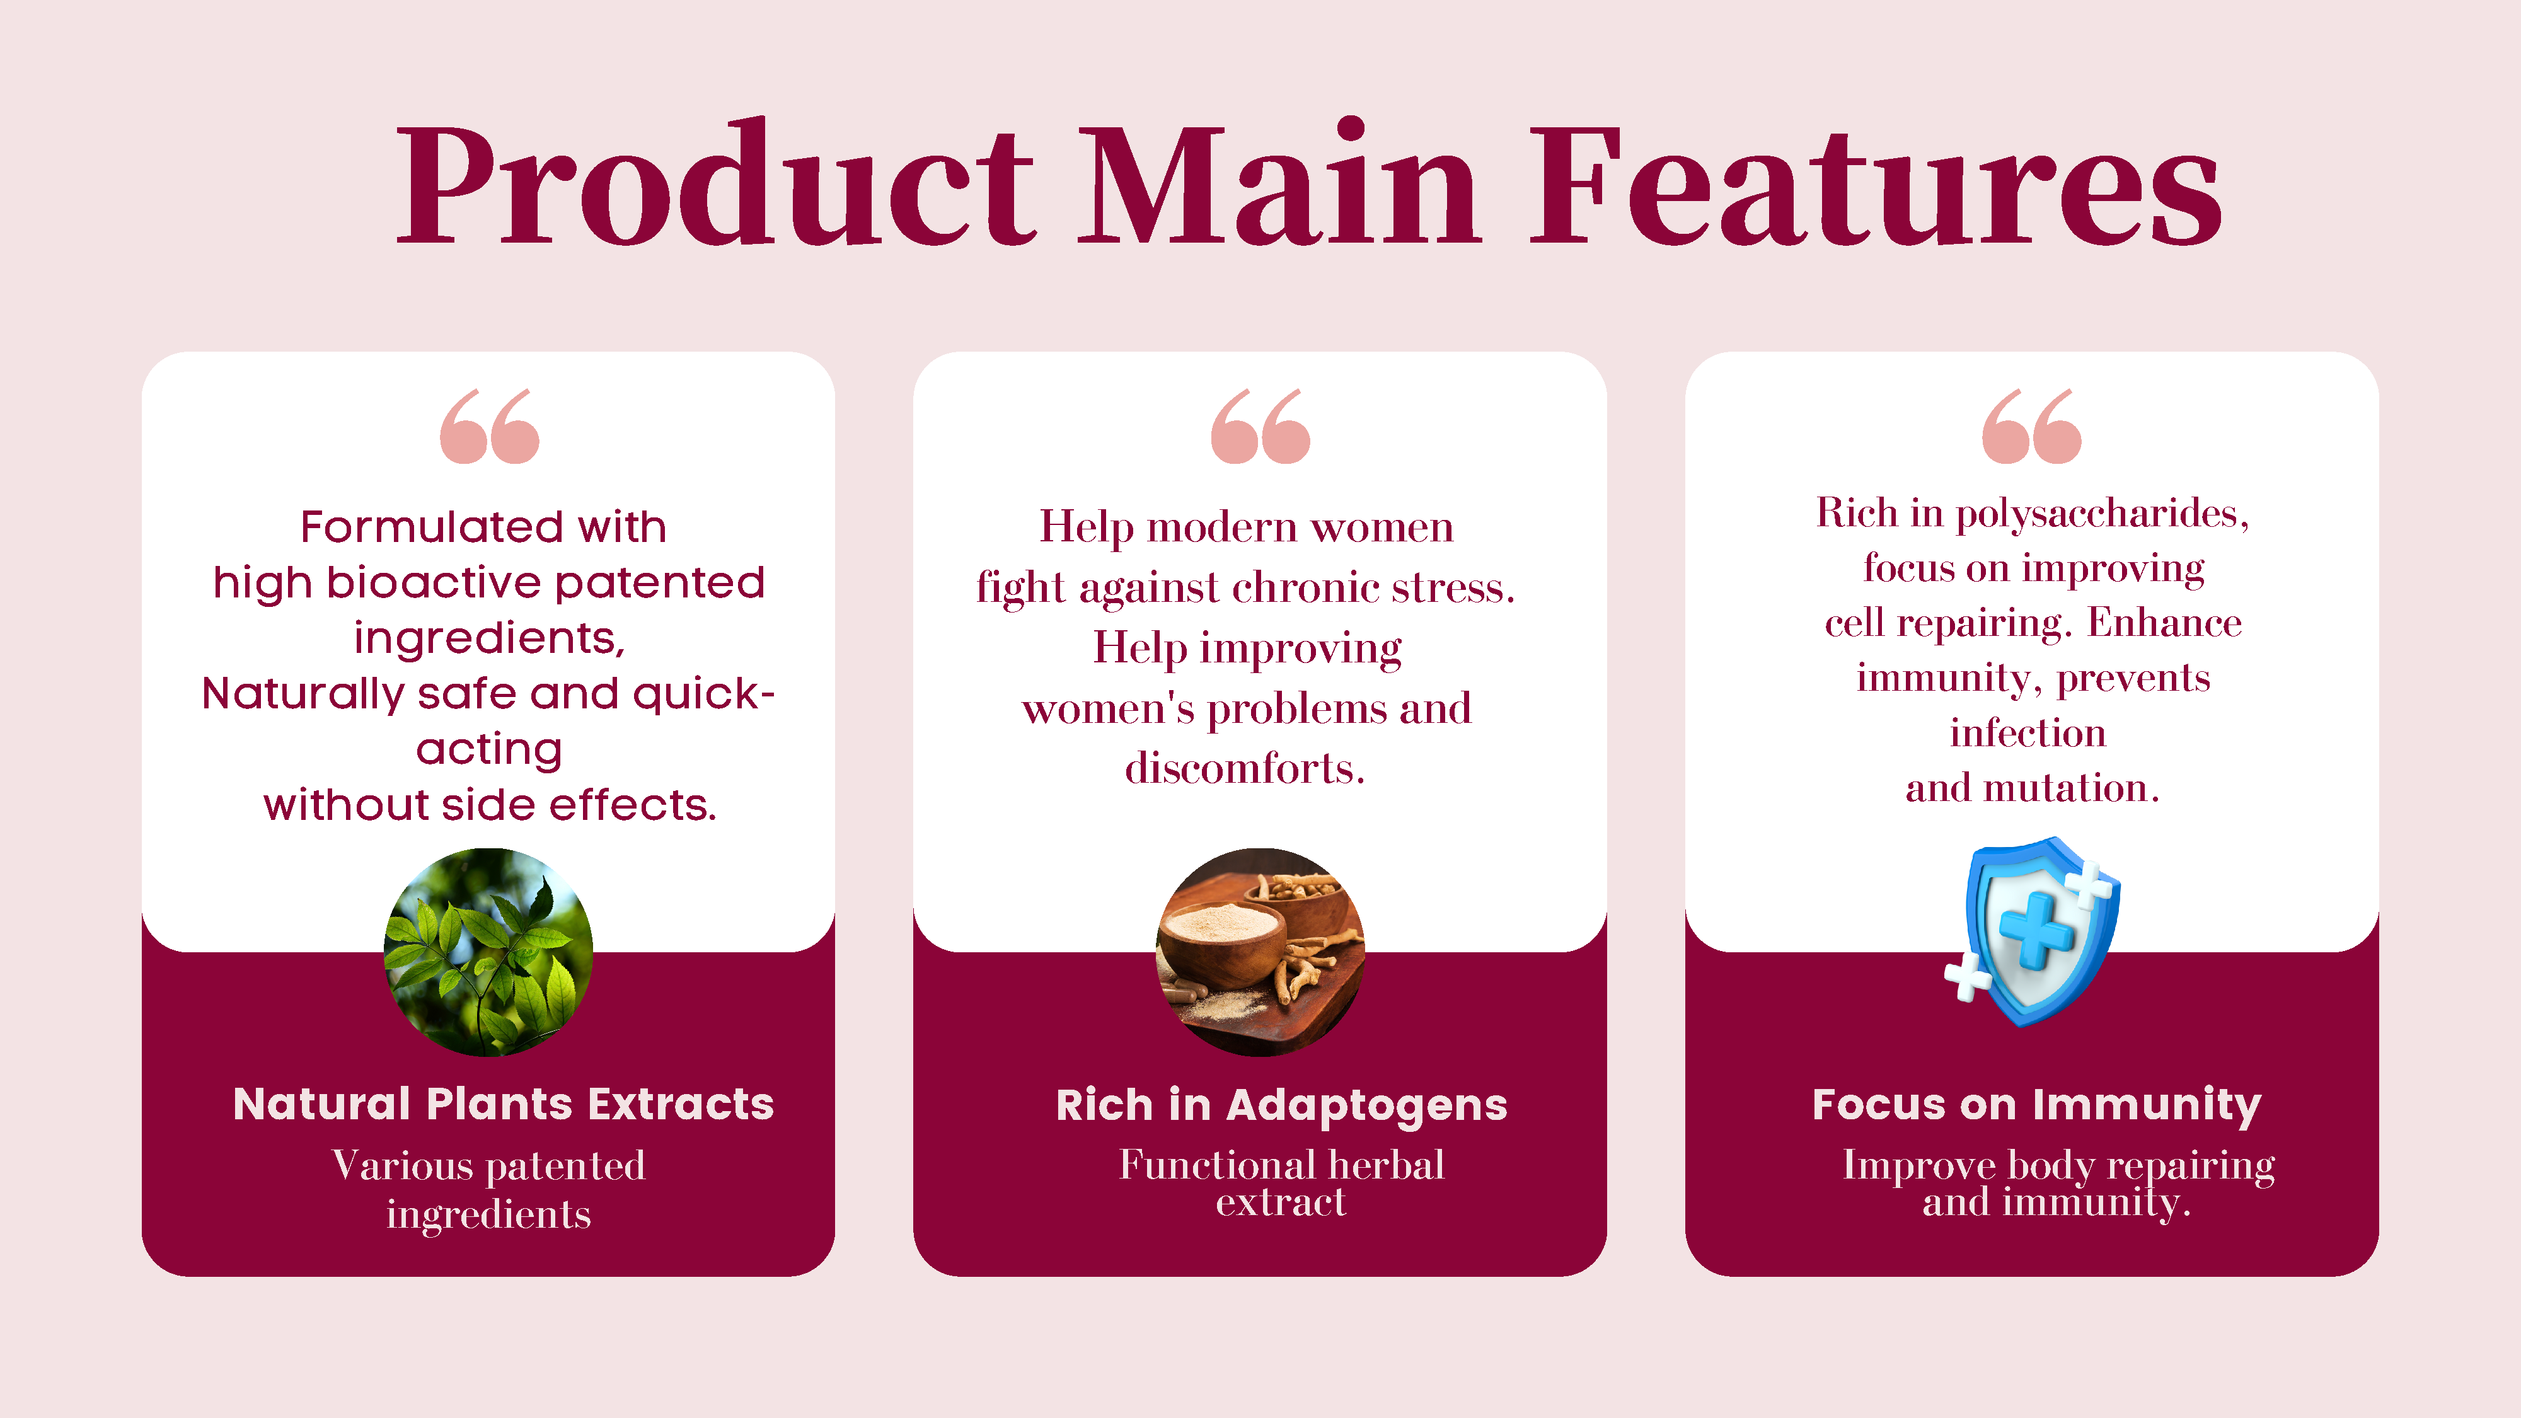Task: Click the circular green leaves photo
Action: click(x=488, y=952)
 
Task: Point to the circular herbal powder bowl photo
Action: click(x=1260, y=952)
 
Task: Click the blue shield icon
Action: click(x=2034, y=931)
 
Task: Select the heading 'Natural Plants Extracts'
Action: click(x=503, y=1104)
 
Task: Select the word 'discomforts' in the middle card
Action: click(x=1245, y=768)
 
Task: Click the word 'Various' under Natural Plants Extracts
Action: click(x=403, y=1165)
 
